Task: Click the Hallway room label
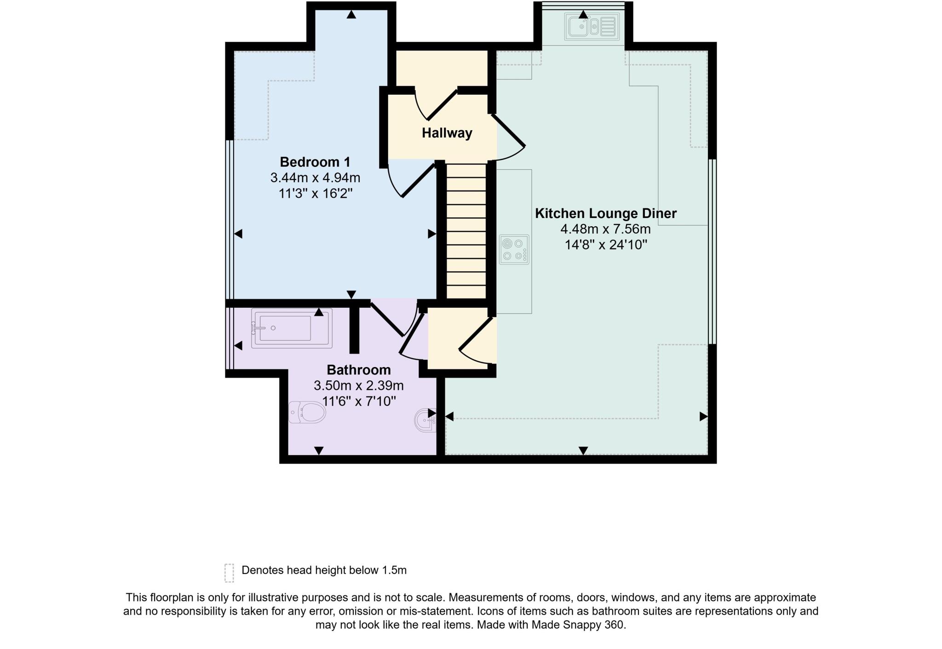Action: click(x=447, y=133)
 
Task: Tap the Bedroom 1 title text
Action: click(x=315, y=162)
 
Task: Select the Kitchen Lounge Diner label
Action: click(x=606, y=213)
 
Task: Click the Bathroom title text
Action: click(x=359, y=370)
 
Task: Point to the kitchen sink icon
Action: click(x=592, y=26)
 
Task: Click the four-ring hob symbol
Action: click(x=514, y=249)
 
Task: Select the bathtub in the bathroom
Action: click(x=291, y=328)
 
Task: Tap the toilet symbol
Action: click(x=307, y=412)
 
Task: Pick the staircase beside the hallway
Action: click(x=466, y=231)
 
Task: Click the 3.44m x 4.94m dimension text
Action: click(x=315, y=178)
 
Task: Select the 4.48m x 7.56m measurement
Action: click(x=605, y=229)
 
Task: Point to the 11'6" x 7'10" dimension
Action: click(x=359, y=401)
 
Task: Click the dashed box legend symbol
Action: click(x=229, y=573)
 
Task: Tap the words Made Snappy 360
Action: click(x=578, y=625)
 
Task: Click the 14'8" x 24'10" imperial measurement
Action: click(x=606, y=245)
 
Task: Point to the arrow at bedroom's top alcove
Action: click(x=351, y=15)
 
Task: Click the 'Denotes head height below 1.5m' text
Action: click(x=324, y=570)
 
